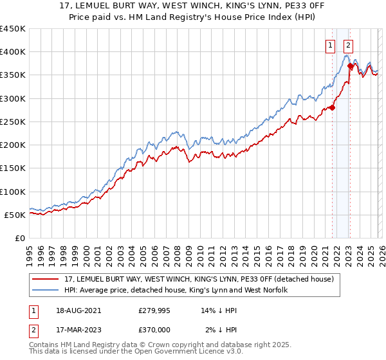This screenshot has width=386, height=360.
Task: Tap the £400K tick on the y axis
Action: pyautogui.click(x=13, y=52)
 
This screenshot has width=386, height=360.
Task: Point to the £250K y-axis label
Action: pyautogui.click(x=13, y=122)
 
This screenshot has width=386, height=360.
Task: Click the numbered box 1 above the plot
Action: pyautogui.click(x=330, y=45)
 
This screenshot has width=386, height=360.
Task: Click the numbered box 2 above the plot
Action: pyautogui.click(x=348, y=45)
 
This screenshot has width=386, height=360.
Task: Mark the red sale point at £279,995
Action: pyautogui.click(x=333, y=108)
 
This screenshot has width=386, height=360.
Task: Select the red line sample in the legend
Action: pyautogui.click(x=46, y=279)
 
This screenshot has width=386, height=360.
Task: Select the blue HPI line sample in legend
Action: pyautogui.click(x=46, y=290)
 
